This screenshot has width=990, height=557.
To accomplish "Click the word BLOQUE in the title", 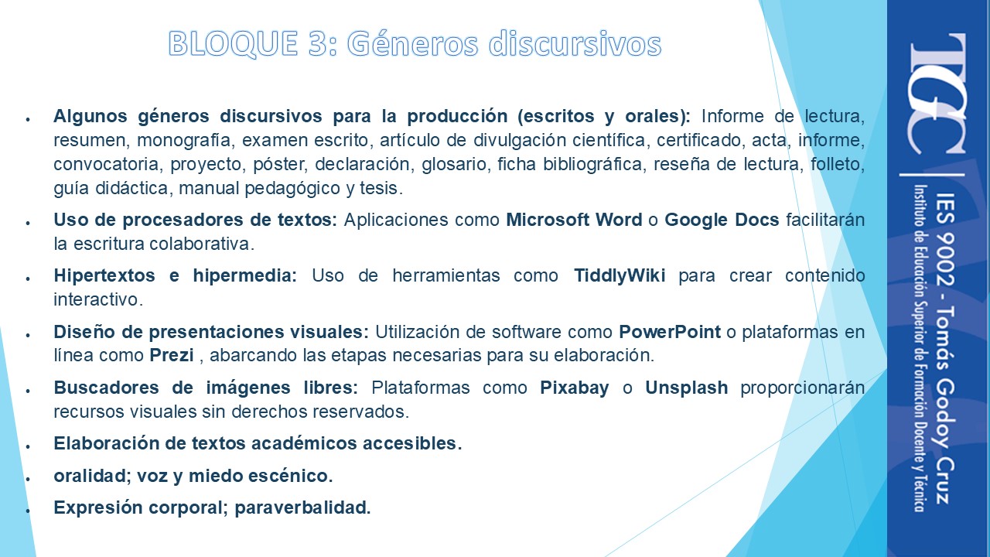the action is point(233,44).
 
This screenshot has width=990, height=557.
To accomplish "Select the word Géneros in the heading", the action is point(413,44).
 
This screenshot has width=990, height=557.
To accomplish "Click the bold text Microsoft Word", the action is point(574,220).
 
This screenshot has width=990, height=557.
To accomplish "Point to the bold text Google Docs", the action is point(722,220).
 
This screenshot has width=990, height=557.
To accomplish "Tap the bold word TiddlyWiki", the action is point(620,276).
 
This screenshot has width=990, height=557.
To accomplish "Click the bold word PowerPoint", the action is point(670,332).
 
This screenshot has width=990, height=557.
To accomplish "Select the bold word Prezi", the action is point(172,355).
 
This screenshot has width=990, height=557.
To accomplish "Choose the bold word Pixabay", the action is point(575,388).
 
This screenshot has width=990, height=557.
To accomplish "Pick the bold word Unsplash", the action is point(686,388).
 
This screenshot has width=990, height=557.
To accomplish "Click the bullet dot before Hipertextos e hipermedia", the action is point(28,278).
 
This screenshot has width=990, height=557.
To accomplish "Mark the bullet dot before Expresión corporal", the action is point(28,511).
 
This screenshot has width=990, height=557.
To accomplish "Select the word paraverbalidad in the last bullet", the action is point(302,508).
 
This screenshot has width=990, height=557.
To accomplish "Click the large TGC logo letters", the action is point(937,94).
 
